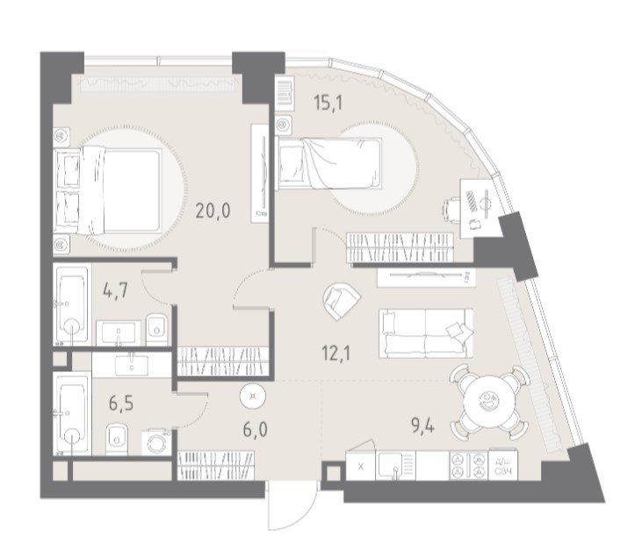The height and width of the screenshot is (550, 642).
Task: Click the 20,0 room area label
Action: pos(213,211)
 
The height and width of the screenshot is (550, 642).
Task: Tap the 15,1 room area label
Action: pos(327,103)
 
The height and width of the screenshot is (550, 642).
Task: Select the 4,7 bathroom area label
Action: pos(116,291)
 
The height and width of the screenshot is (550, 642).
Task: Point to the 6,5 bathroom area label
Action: pos(121,404)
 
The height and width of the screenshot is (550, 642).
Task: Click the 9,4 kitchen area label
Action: pos(422,427)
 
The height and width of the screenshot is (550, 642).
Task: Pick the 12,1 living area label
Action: pos(336,354)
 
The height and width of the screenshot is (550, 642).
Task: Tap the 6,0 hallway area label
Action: pos(255,430)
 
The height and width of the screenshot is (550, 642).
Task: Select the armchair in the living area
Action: pos(341,302)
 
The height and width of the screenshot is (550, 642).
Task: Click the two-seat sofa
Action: pos(426,333)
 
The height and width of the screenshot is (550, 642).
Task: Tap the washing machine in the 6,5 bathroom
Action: pos(156,441)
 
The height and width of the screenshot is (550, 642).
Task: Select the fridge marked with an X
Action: pos(361,466)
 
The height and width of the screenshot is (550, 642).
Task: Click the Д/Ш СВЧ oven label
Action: pos(502,466)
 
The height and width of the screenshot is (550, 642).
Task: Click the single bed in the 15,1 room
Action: pos(329,163)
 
